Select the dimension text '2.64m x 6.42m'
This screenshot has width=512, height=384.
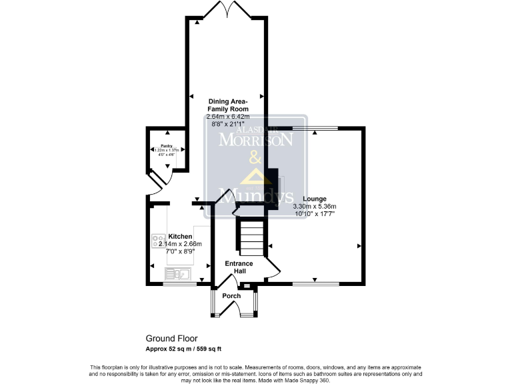[x=228, y=117]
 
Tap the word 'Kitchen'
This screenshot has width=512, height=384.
[x=180, y=237]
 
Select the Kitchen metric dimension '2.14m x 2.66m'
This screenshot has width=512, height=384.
[x=179, y=244]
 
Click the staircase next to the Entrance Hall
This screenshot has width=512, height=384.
[x=253, y=238]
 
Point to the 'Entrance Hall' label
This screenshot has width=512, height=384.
[x=238, y=267]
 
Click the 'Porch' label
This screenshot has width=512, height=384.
[x=231, y=295]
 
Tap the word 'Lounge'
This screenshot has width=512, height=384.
[x=315, y=199]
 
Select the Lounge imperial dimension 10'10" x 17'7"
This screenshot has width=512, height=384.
[x=315, y=214]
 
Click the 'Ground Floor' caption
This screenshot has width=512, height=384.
[x=172, y=338]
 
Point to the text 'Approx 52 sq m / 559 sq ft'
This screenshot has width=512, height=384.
[x=183, y=349]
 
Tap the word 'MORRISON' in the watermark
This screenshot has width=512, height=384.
[x=257, y=141]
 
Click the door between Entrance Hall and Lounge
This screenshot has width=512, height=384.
[x=273, y=268]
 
